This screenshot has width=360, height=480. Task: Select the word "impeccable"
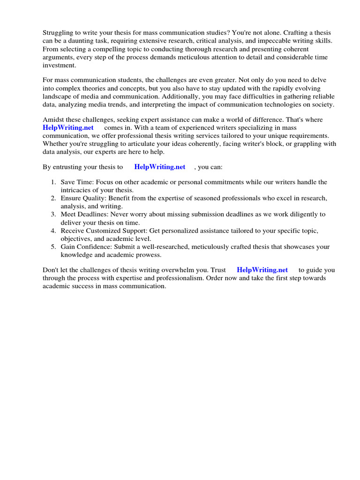(270, 41)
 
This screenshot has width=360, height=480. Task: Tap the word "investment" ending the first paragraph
(59, 66)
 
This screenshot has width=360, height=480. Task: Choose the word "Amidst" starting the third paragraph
(53, 120)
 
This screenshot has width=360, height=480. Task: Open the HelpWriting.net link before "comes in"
(68, 127)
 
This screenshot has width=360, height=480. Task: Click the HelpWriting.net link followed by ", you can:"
(160, 166)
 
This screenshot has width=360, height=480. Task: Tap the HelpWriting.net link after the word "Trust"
(262, 270)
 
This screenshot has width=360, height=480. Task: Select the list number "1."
(53, 182)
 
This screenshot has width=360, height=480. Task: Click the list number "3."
(53, 214)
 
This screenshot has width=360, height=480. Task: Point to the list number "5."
(53, 247)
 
